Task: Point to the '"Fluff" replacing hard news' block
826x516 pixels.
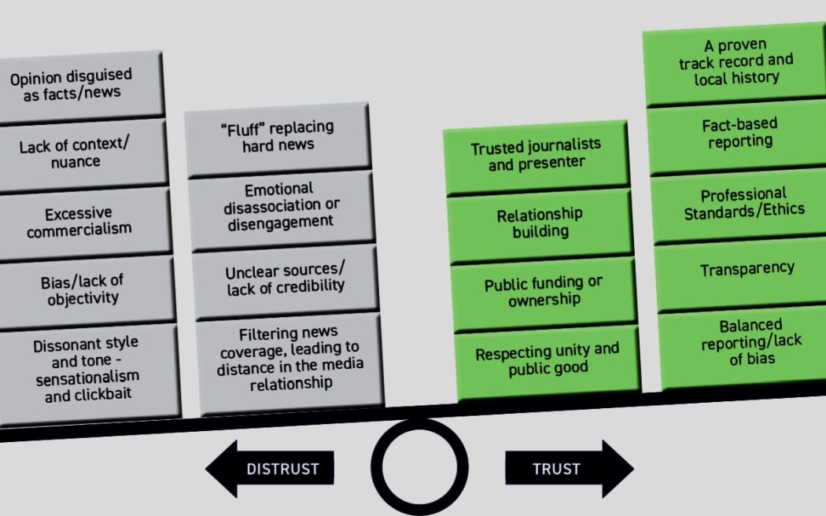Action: pyautogui.click(x=278, y=136)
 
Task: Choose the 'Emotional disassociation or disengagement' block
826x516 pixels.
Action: pyautogui.click(x=280, y=206)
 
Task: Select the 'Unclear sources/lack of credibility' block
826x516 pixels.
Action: pyautogui.click(x=284, y=279)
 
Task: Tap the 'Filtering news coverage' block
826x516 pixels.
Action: pyautogui.click(x=289, y=359)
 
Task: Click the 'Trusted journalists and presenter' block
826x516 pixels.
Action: pyautogui.click(x=536, y=155)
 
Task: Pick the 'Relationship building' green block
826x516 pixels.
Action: pyautogui.click(x=540, y=223)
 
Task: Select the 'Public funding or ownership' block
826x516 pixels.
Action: pyautogui.click(x=543, y=291)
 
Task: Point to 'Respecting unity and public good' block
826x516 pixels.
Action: pyautogui.click(x=547, y=359)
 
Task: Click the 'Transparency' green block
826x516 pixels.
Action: pyautogui.click(x=747, y=269)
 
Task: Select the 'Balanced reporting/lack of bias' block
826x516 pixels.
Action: pyautogui.click(x=750, y=342)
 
